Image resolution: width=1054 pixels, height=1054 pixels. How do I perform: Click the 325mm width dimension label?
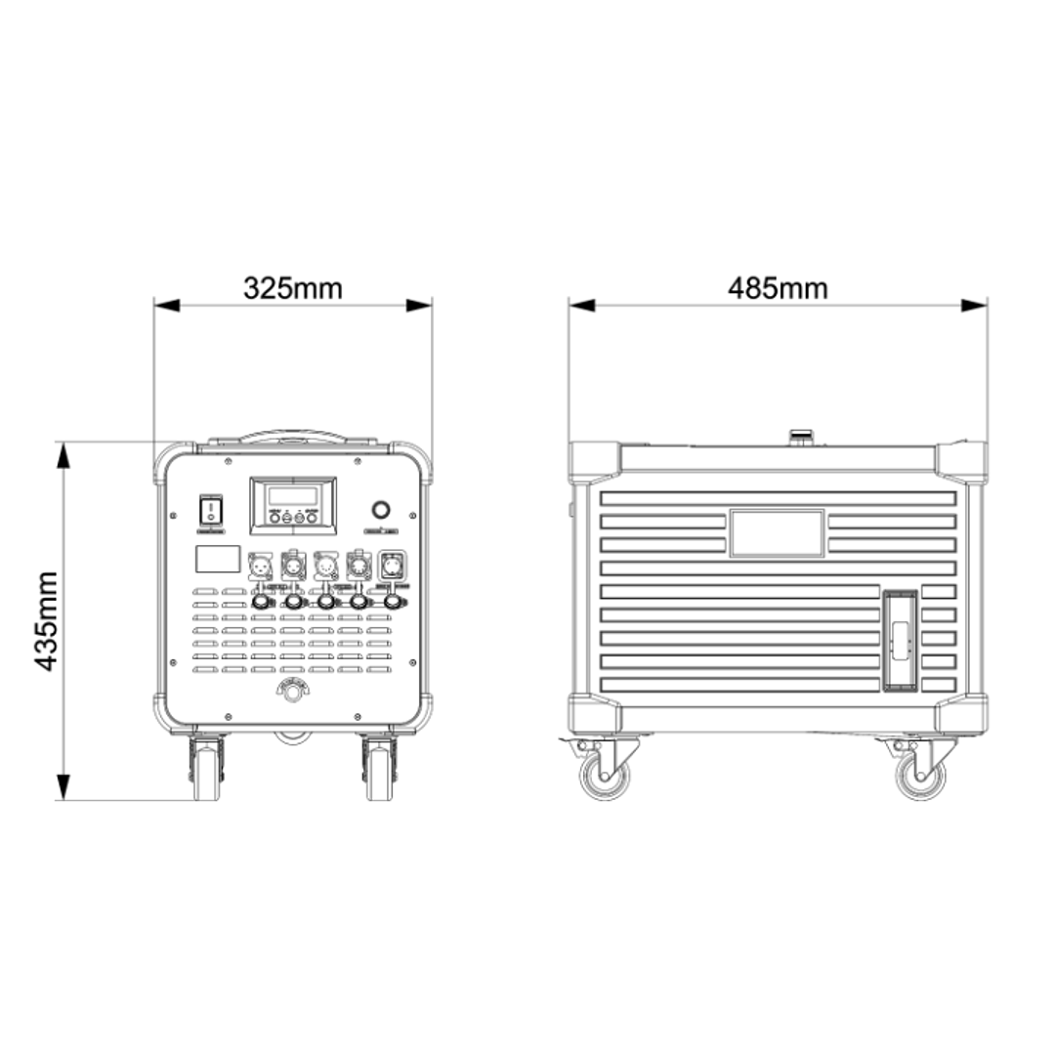293,288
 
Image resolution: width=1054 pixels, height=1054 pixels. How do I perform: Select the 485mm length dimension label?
778,288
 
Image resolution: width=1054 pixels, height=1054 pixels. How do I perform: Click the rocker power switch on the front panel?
212,509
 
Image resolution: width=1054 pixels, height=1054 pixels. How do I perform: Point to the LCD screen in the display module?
292,494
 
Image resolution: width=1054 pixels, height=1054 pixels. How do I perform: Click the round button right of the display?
380,510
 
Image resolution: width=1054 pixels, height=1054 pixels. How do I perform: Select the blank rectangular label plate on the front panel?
218,559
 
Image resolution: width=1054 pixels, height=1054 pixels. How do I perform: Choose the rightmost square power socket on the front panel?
391,566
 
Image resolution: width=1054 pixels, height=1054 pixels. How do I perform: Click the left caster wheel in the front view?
207,772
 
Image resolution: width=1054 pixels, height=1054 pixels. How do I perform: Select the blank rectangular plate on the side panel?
777,532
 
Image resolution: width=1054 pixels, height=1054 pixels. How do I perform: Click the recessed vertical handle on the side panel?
901,641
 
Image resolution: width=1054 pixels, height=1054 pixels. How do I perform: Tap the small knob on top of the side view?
801,434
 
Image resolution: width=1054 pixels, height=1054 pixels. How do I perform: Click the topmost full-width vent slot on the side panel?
778,498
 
